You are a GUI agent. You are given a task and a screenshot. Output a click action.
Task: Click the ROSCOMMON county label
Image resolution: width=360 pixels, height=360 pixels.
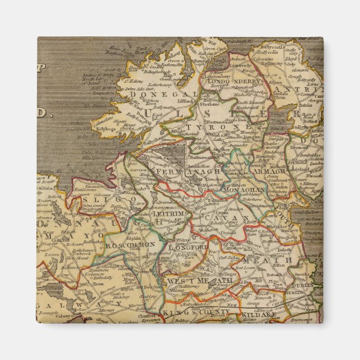131,244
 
